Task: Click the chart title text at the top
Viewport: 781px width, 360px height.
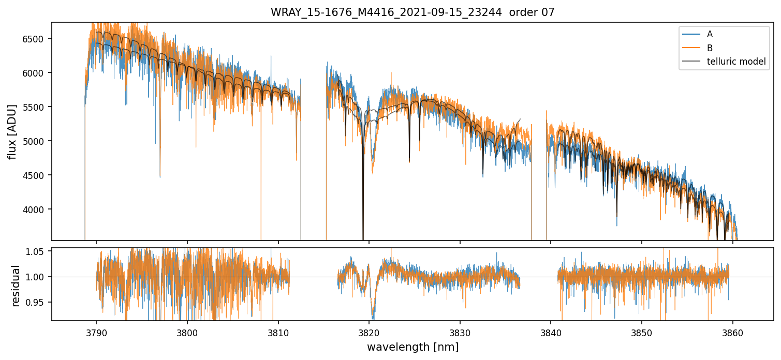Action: (x=412, y=12)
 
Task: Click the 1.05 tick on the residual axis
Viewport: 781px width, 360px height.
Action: (x=38, y=252)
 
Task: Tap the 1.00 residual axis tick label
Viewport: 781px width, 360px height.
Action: (x=38, y=277)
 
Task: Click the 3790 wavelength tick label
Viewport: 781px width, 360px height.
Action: (x=96, y=331)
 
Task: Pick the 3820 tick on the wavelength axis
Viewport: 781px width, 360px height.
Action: (x=369, y=331)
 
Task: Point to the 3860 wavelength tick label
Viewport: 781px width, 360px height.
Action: (x=733, y=331)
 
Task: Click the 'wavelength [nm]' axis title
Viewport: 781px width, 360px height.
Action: (x=412, y=347)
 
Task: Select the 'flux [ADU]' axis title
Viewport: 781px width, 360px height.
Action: (x=12, y=131)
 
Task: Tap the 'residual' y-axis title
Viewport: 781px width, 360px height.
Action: (x=16, y=286)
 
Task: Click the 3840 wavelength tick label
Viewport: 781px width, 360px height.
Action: (x=551, y=331)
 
